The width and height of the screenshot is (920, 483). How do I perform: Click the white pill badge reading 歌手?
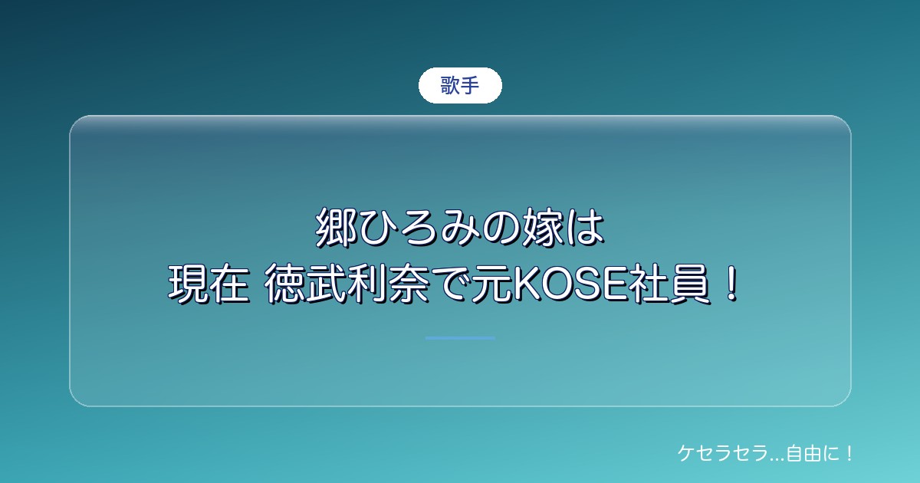coord(460,85)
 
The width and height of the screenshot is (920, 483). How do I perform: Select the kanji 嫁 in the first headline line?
coord(543,227)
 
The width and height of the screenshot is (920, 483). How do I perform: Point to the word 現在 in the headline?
coord(209,284)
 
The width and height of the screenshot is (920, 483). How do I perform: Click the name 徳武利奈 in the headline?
coord(347,284)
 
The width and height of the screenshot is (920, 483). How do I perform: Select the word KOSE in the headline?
coord(570,284)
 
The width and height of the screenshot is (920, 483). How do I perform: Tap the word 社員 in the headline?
coord(669,284)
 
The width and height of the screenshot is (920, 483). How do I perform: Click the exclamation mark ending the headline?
coord(731,284)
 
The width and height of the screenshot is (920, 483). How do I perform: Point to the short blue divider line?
coord(460,338)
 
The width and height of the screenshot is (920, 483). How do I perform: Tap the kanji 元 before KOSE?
coord(492,284)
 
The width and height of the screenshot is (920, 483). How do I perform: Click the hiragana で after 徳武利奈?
coord(451,284)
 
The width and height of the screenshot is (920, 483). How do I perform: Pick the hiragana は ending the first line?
coord(584,227)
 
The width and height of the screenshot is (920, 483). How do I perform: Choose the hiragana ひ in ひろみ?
coord(378,228)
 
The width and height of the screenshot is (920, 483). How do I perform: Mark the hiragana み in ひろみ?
coord(460,228)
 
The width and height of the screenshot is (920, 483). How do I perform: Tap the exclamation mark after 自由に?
coord(849,453)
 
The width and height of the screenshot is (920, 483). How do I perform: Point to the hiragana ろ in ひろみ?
coord(419,228)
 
